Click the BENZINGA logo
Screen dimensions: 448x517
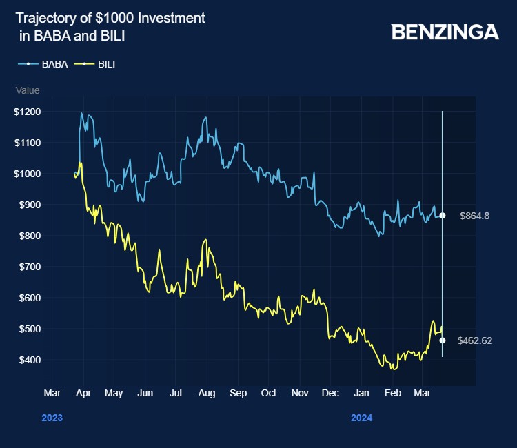(x=445, y=32)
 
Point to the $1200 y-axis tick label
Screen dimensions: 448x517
(x=28, y=112)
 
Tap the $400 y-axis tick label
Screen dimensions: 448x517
(x=30, y=360)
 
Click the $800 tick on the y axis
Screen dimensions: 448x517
(x=30, y=236)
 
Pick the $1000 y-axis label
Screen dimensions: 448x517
(x=28, y=174)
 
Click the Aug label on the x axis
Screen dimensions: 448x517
(x=206, y=393)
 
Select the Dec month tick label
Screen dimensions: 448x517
(x=330, y=393)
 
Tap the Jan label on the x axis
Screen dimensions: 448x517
(x=361, y=393)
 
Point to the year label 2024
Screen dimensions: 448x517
(x=362, y=418)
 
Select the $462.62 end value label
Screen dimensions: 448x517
(x=474, y=340)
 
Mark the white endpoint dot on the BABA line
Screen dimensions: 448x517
(x=443, y=216)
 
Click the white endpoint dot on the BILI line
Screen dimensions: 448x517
(x=443, y=340)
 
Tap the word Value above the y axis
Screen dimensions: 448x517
(x=28, y=90)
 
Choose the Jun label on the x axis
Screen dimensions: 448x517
(x=145, y=393)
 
